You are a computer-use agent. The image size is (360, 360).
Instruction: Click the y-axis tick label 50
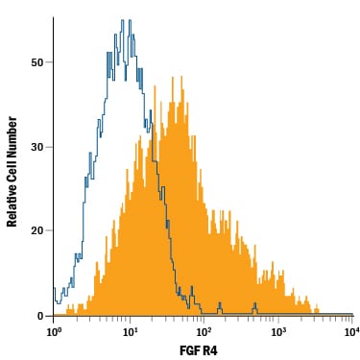click(x=36, y=62)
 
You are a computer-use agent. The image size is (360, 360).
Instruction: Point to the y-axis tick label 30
click(x=36, y=148)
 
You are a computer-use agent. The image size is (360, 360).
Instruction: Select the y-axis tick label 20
click(x=36, y=230)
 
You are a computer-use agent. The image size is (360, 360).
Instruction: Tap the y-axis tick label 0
click(x=40, y=316)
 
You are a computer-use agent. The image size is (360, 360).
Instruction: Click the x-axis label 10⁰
click(x=54, y=331)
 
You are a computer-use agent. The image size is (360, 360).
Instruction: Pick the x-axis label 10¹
click(x=129, y=331)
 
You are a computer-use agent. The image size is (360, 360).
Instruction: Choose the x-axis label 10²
click(x=204, y=331)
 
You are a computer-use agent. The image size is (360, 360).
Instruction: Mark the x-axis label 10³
click(x=278, y=331)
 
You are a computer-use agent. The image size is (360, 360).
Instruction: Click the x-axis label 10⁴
click(x=351, y=331)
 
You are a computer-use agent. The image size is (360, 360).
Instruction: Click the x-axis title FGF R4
click(x=199, y=350)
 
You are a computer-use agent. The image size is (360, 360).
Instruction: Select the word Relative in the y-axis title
click(x=12, y=207)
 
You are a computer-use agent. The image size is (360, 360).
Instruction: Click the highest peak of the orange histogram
click(x=181, y=77)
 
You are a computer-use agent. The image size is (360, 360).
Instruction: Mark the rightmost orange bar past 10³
click(x=317, y=311)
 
